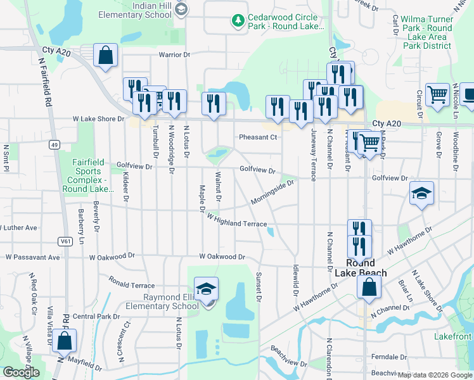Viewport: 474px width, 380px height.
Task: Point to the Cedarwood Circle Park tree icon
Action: click(x=238, y=22)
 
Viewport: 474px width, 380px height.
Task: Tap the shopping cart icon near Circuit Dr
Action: click(x=437, y=95)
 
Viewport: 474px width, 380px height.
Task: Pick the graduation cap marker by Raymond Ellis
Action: click(x=206, y=289)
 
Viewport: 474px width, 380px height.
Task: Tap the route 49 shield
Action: click(x=55, y=145)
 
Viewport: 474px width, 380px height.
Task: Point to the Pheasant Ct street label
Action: click(x=258, y=137)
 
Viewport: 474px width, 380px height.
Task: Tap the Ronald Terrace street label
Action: click(x=131, y=282)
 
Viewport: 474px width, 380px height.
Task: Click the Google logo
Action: click(x=21, y=372)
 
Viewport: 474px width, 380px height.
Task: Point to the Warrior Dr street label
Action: click(x=174, y=55)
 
